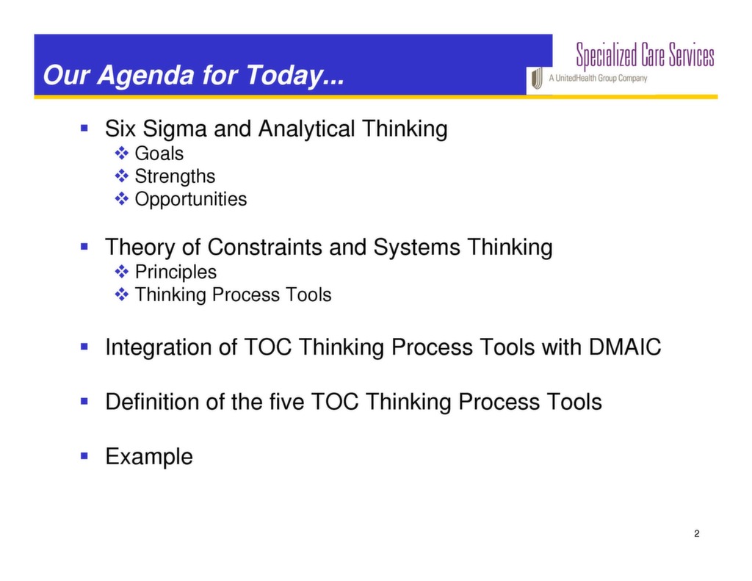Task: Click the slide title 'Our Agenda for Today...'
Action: point(193,76)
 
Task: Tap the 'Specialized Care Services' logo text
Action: point(644,55)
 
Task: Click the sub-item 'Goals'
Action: point(159,154)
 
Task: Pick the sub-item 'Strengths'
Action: point(175,176)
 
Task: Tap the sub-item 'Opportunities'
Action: point(190,199)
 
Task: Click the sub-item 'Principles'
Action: point(176,272)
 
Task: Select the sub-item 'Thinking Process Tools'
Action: point(233,295)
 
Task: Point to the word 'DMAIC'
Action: point(625,347)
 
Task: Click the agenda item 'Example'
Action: point(149,456)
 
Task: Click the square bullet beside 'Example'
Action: point(84,455)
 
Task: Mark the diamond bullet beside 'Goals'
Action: point(122,154)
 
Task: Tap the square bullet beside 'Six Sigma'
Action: point(84,129)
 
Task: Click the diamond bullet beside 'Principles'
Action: point(122,272)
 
